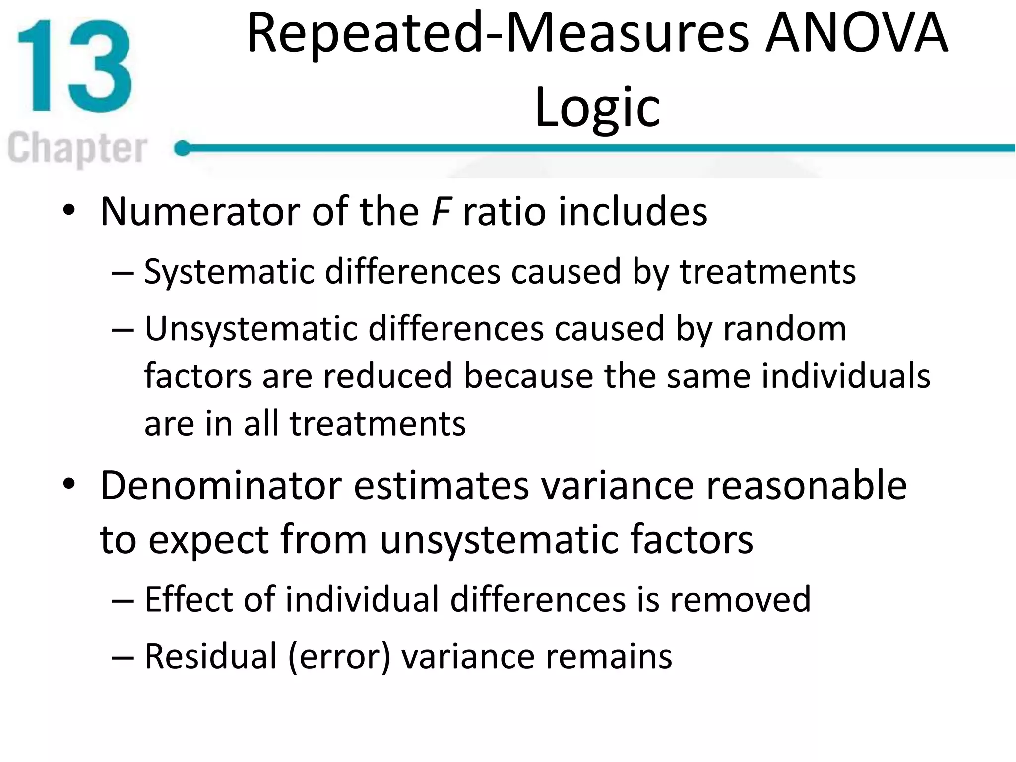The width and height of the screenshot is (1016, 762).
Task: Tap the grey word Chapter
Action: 77,148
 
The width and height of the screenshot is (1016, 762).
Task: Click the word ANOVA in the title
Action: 856,34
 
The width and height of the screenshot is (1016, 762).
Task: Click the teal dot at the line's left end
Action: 183,148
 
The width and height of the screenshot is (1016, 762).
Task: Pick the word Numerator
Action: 200,212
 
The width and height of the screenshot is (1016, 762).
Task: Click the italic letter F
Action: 441,212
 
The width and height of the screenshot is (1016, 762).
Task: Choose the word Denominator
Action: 221,486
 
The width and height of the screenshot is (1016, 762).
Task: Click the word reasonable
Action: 806,486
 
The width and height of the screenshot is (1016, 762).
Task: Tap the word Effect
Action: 189,599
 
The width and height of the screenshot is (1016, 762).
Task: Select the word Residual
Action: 210,656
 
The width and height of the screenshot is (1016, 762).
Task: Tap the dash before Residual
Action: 123,657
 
